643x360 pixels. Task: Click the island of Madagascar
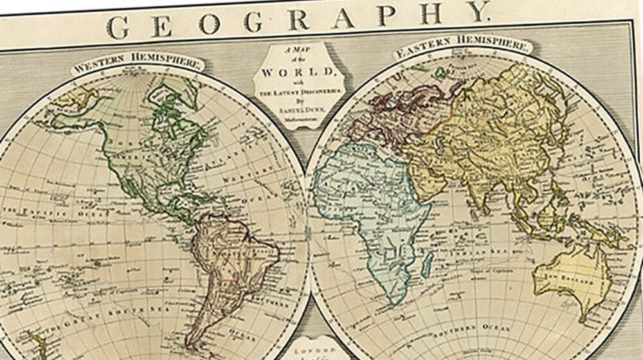[427, 262]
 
